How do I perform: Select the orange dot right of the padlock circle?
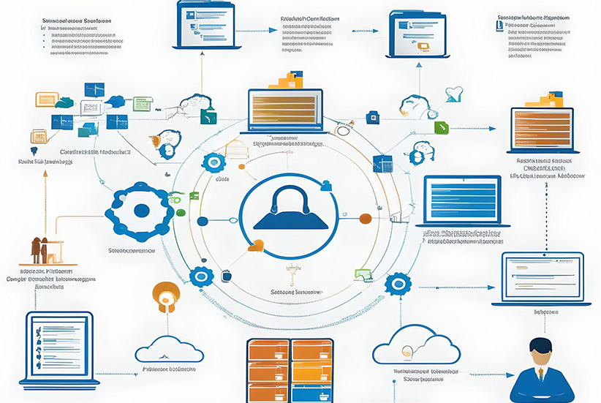click(x=366, y=217)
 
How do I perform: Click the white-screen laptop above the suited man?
click(x=541, y=275)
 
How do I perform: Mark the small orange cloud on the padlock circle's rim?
click(x=254, y=246)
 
